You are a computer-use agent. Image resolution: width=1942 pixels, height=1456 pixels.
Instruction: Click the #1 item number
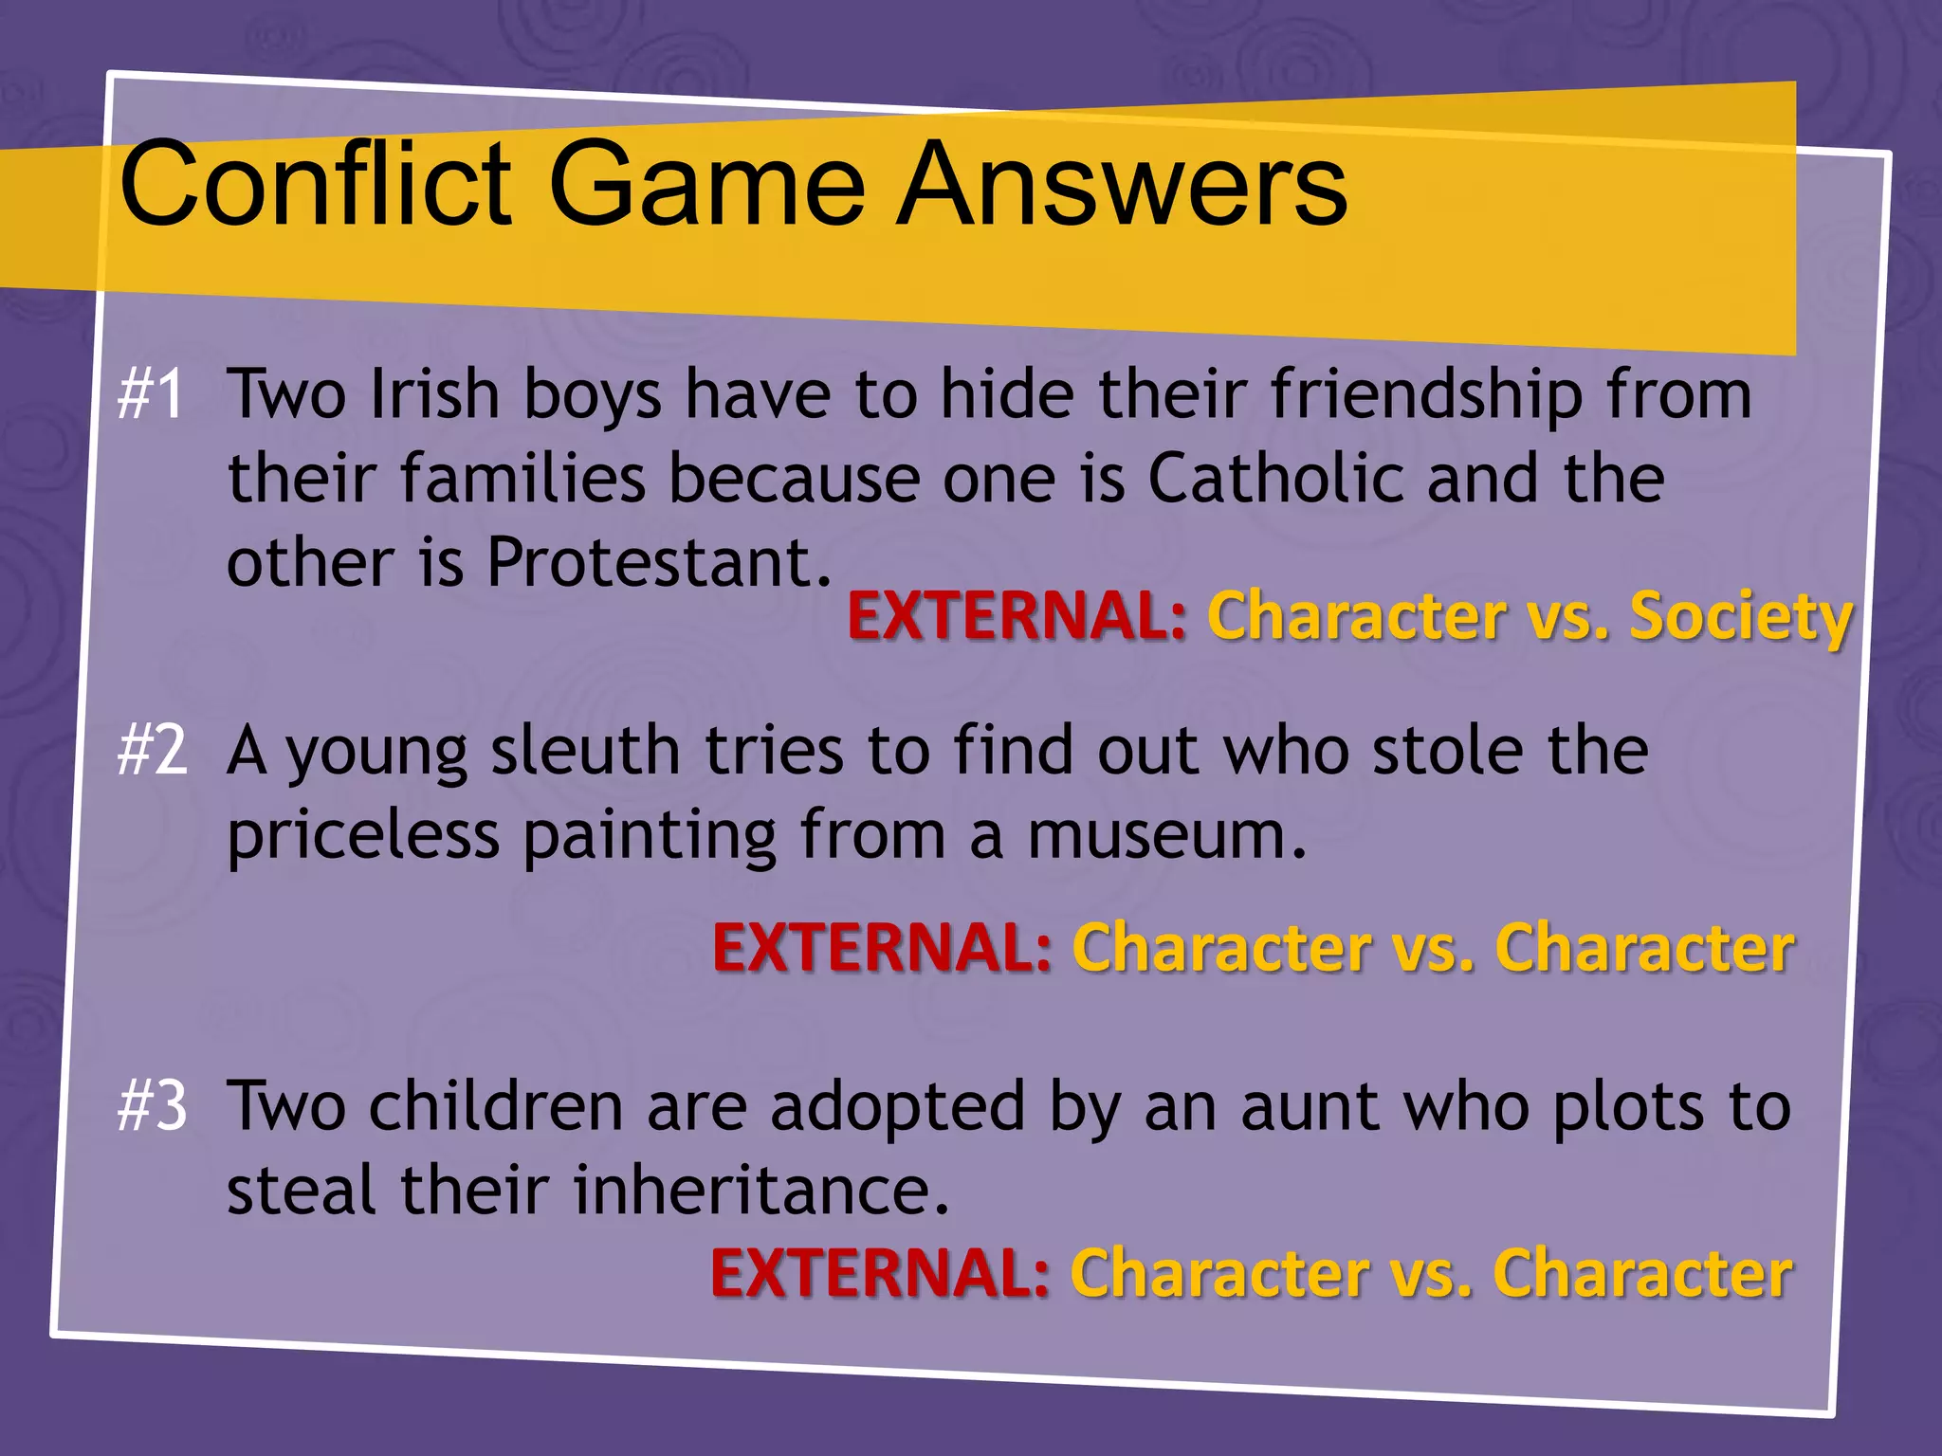point(151,394)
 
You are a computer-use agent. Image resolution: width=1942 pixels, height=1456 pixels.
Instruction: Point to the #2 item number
point(153,751)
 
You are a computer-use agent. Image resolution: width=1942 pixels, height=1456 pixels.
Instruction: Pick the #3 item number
point(153,1106)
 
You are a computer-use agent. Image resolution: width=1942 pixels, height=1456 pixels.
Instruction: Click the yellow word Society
point(1740,616)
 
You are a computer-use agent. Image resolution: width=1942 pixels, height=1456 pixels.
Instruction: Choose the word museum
point(1166,835)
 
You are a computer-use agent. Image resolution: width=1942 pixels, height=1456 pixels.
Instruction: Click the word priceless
point(363,835)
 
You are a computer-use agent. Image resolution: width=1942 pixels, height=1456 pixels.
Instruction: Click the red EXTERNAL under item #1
point(1017,616)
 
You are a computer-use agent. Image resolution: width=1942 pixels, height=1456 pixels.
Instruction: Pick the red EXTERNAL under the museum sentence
point(882,947)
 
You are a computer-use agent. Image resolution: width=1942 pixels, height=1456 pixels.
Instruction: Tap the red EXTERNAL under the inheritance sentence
point(880,1273)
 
